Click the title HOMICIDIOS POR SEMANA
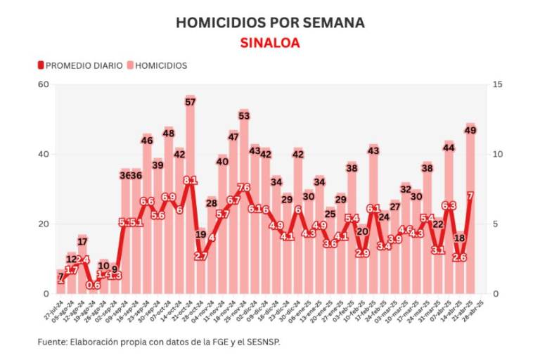270,22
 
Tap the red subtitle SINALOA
270,43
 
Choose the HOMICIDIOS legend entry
156,65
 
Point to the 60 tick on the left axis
43,84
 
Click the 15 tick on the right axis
497,84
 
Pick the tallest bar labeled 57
190,197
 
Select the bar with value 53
244,204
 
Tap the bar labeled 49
470,211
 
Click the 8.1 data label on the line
190,181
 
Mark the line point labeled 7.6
244,188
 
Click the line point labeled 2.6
459,257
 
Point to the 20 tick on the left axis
43,224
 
